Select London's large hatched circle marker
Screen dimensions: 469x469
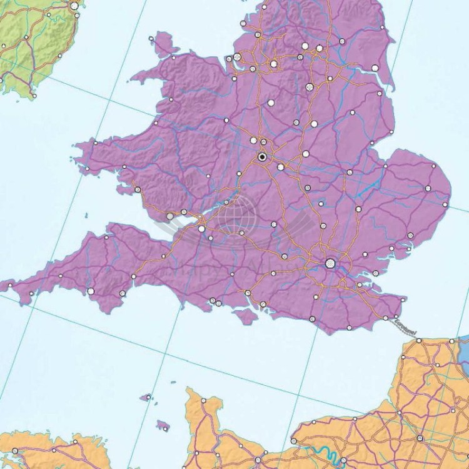coord(330,264)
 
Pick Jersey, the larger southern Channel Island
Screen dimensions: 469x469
coord(163,425)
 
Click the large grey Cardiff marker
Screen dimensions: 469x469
coord(170,216)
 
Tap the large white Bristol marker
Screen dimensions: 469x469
coord(201,229)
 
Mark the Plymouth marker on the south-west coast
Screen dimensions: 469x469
coord(90,291)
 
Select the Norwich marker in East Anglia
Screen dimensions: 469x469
coord(428,188)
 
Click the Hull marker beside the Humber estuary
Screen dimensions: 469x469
coord(375,68)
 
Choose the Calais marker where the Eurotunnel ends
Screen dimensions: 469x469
coord(419,341)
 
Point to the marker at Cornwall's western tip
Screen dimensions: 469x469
coord(10,288)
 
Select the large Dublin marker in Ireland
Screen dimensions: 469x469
coord(75,5)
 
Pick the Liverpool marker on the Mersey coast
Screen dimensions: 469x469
coord(238,58)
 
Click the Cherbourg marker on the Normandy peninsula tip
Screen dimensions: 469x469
coord(203,400)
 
